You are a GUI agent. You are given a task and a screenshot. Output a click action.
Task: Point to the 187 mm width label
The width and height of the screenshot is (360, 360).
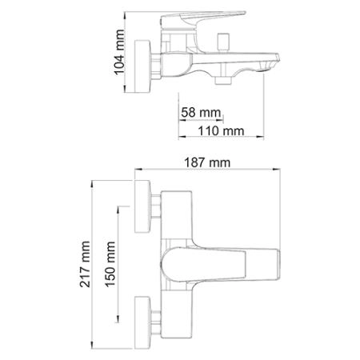210,162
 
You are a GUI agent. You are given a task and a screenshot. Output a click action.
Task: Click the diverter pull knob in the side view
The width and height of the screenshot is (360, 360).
223,40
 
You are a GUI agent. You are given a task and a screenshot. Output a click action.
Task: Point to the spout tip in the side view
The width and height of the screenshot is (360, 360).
271,62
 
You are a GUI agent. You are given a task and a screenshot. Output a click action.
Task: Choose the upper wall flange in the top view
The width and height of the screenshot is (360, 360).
145,208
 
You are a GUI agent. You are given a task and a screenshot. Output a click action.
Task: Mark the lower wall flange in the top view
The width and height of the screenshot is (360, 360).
145,318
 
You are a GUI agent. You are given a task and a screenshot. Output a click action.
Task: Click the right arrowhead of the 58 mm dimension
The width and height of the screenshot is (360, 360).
223,121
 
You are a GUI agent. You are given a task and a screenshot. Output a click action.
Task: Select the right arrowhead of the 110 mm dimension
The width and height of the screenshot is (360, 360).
265,138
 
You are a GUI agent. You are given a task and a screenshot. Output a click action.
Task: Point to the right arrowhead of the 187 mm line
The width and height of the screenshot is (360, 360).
283,170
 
